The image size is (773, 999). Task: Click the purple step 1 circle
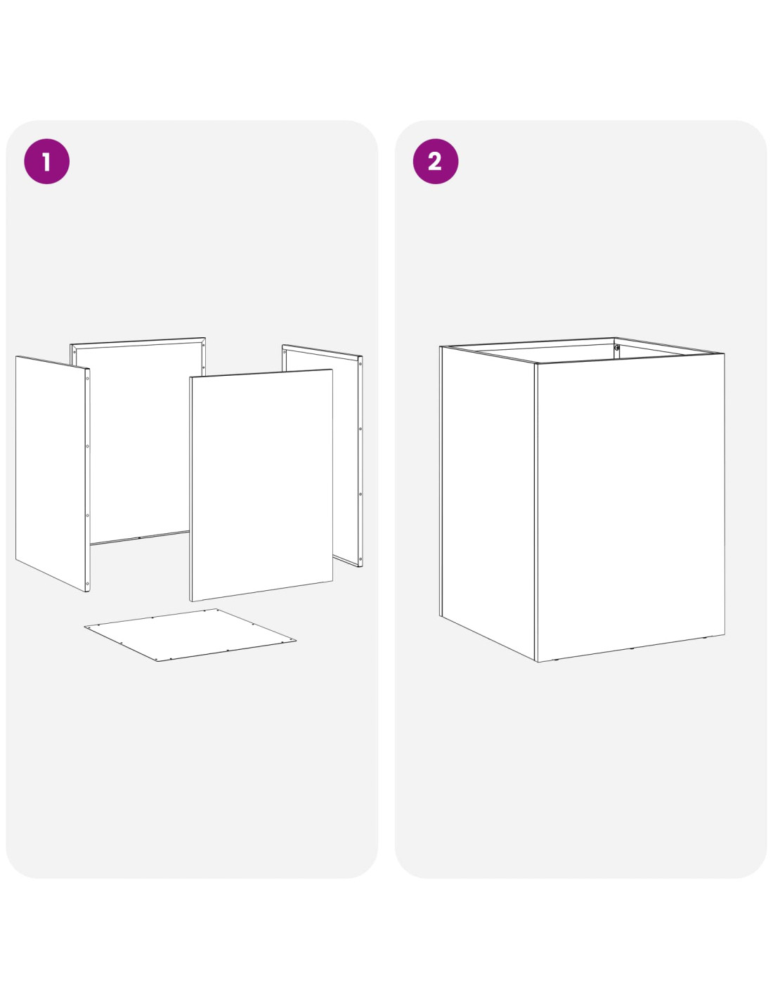pos(46,162)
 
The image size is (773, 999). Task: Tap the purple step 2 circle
pos(435,162)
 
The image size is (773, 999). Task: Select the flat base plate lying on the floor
pos(190,635)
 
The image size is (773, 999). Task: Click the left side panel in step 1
pos(53,473)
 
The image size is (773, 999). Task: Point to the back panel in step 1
pos(138,441)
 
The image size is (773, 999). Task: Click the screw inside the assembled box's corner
pos(617,348)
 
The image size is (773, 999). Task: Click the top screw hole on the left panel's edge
pos(87,379)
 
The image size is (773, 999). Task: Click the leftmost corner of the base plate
pos(84,626)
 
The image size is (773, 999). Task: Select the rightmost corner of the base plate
pos(296,640)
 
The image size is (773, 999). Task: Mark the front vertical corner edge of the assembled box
pos(536,512)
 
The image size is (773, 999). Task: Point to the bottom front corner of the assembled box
pos(537,661)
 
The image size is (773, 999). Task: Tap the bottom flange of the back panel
pos(140,538)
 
